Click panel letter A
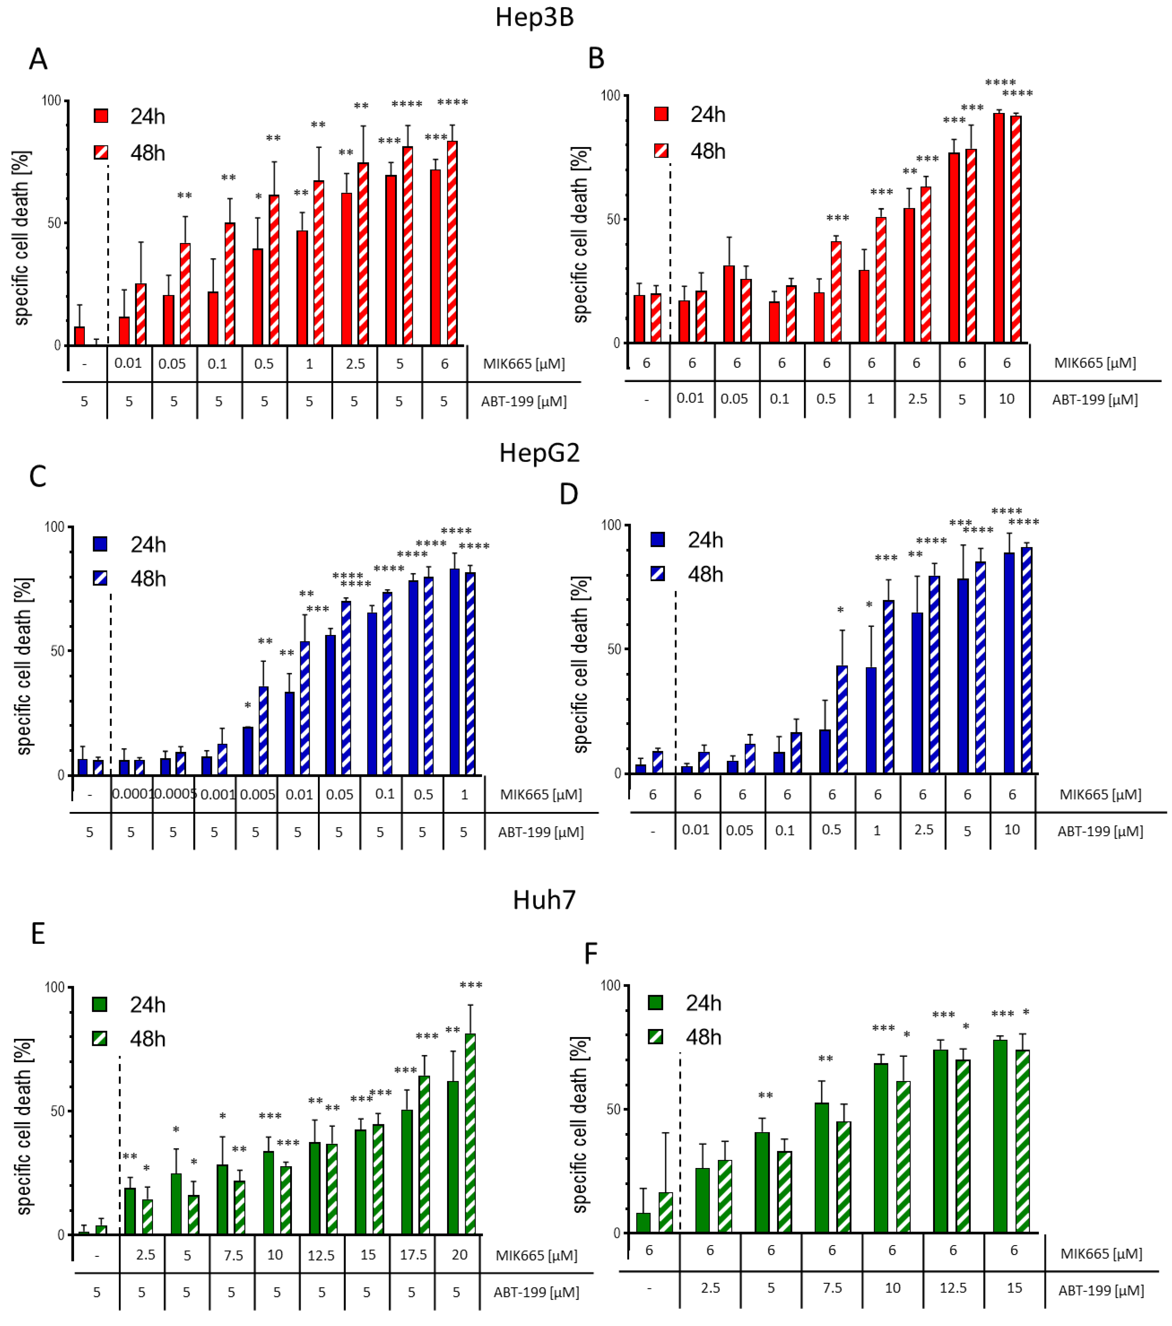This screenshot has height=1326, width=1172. [38, 59]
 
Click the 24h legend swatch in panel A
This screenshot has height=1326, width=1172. [101, 116]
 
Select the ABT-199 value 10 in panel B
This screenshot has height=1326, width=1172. [1006, 399]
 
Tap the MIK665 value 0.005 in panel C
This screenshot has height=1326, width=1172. [257, 795]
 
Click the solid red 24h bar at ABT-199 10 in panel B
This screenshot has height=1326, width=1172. [999, 227]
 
